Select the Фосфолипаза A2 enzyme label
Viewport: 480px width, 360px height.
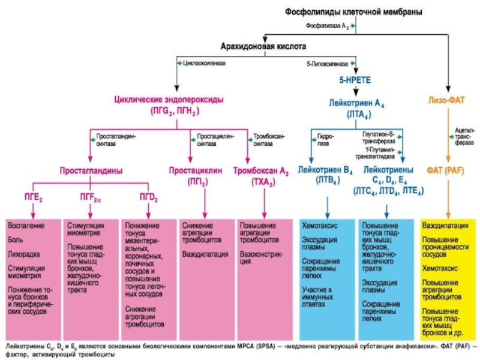328,26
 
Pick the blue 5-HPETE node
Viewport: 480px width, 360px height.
356,80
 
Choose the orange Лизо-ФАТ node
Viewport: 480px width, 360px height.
448,100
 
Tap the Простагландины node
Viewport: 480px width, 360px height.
91,170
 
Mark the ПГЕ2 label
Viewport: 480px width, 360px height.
32,197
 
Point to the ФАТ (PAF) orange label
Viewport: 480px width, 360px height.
448,170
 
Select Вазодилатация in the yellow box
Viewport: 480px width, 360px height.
445,226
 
